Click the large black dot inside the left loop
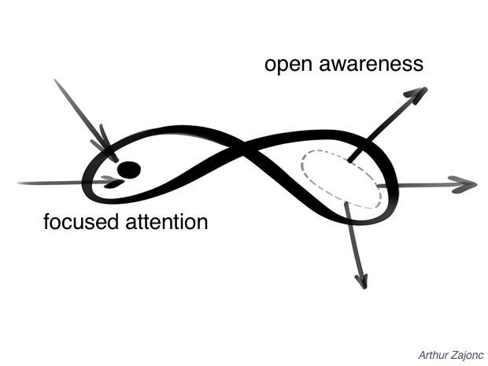tap(128, 168)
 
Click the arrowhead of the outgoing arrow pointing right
tap(466, 186)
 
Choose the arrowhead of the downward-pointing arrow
tap(362, 280)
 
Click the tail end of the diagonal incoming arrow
tap(55, 79)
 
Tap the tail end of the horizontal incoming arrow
tap(20, 183)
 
